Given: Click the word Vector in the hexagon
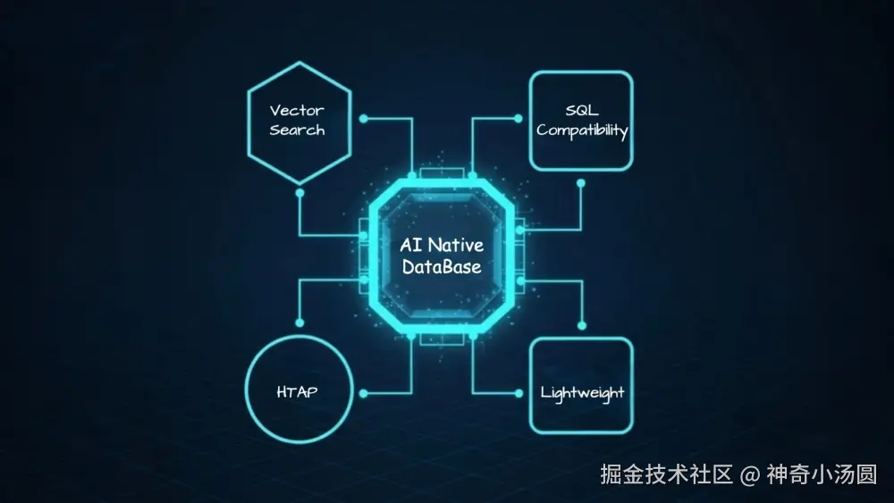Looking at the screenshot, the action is pos(297,111).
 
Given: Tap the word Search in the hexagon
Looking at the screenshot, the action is pos(297,130).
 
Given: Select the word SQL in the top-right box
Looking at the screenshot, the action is pos(582,111).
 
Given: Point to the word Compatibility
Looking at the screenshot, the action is pos(582,130).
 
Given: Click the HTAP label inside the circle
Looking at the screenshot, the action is pos(298,391).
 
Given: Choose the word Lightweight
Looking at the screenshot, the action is pos(582,393).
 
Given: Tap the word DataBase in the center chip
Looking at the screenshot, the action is pos(441,266).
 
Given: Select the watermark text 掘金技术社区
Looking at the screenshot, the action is pos(666,474).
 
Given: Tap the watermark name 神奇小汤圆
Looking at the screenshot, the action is pos(821,474).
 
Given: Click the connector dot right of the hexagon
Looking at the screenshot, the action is pos(363,118).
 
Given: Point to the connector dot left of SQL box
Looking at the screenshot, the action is pos(517,118).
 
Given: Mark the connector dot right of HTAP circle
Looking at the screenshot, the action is pos(363,392).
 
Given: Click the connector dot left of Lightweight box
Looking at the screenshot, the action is pos(517,392).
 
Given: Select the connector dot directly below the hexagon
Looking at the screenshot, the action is pos(299,192).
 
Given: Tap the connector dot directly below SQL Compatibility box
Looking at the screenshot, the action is pos(581,183).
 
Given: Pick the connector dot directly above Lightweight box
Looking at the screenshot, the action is pos(581,325).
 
